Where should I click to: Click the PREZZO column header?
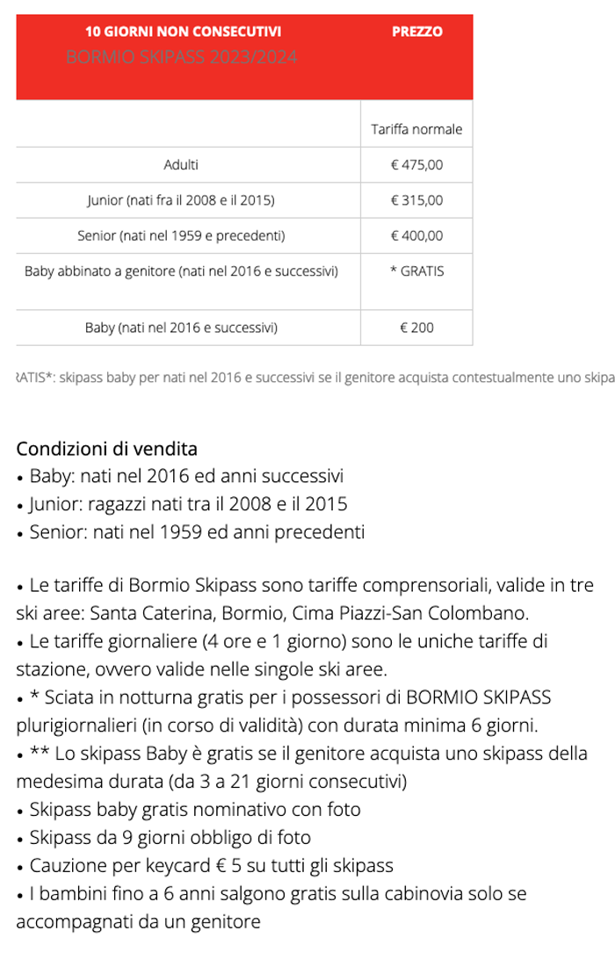click(416, 32)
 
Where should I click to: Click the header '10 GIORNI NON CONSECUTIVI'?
click(184, 32)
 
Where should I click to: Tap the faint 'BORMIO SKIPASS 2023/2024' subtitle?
click(182, 58)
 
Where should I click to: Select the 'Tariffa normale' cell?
click(416, 129)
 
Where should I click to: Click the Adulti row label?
click(181, 165)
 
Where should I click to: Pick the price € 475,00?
click(416, 165)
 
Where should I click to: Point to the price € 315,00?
click(416, 200)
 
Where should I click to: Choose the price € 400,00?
click(416, 235)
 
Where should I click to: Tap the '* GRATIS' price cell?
click(416, 271)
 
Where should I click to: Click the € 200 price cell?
click(416, 328)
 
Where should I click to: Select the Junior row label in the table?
click(181, 200)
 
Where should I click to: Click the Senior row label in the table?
click(181, 235)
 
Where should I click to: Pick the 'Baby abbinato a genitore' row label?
click(181, 271)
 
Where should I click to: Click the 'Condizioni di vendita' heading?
click(107, 449)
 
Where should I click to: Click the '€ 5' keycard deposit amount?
click(228, 865)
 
